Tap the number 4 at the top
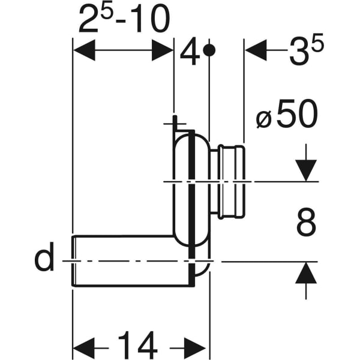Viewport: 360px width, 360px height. tap(190, 53)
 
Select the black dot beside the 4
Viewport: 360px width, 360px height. tap(209, 51)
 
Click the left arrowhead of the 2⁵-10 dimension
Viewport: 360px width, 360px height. tap(83, 51)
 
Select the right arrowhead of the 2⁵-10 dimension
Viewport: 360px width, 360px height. tap(163, 51)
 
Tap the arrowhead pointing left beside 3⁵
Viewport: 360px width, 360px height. tap(256, 51)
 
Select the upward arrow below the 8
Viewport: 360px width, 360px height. tap(306, 273)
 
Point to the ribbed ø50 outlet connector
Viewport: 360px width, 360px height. tap(231, 181)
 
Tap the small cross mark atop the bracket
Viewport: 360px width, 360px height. tap(173, 122)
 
